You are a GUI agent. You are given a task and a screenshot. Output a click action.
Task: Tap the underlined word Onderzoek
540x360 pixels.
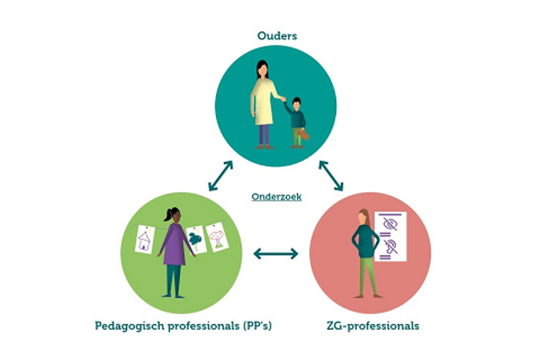pyautogui.click(x=277, y=196)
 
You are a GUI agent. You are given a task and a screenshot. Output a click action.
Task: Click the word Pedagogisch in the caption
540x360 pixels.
pyautogui.click(x=124, y=325)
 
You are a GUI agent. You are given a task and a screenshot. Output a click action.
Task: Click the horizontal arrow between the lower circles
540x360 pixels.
pyautogui.click(x=275, y=253)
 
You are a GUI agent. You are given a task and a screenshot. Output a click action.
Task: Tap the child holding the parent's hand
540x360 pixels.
pyautogui.click(x=297, y=120)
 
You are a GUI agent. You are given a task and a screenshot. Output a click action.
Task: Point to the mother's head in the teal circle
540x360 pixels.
pyautogui.click(x=262, y=69)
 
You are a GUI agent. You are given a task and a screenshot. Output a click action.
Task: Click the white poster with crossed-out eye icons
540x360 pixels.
pyautogui.click(x=390, y=235)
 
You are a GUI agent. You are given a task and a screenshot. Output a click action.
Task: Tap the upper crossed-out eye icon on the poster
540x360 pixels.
pyautogui.click(x=390, y=223)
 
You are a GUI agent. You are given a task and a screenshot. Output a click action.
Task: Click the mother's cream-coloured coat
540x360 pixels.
pyautogui.click(x=263, y=102)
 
